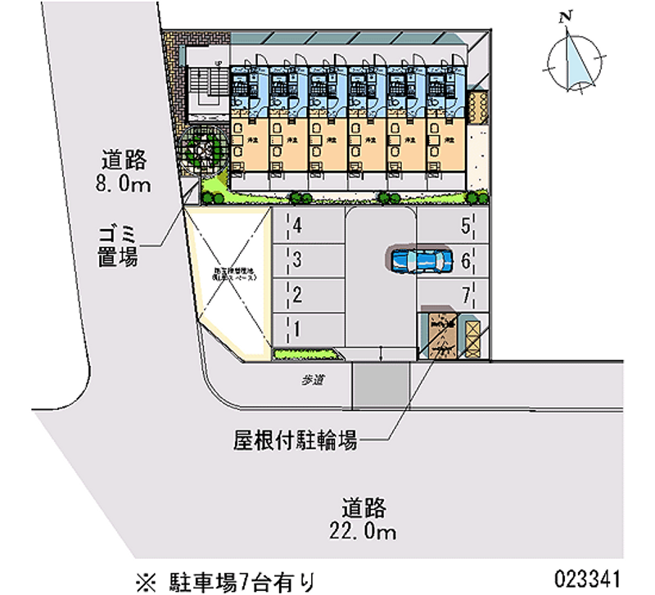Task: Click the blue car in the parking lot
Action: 419,260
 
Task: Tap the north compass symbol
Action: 577,61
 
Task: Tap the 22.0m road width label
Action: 365,519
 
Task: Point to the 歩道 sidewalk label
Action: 309,380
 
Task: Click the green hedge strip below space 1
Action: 307,354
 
